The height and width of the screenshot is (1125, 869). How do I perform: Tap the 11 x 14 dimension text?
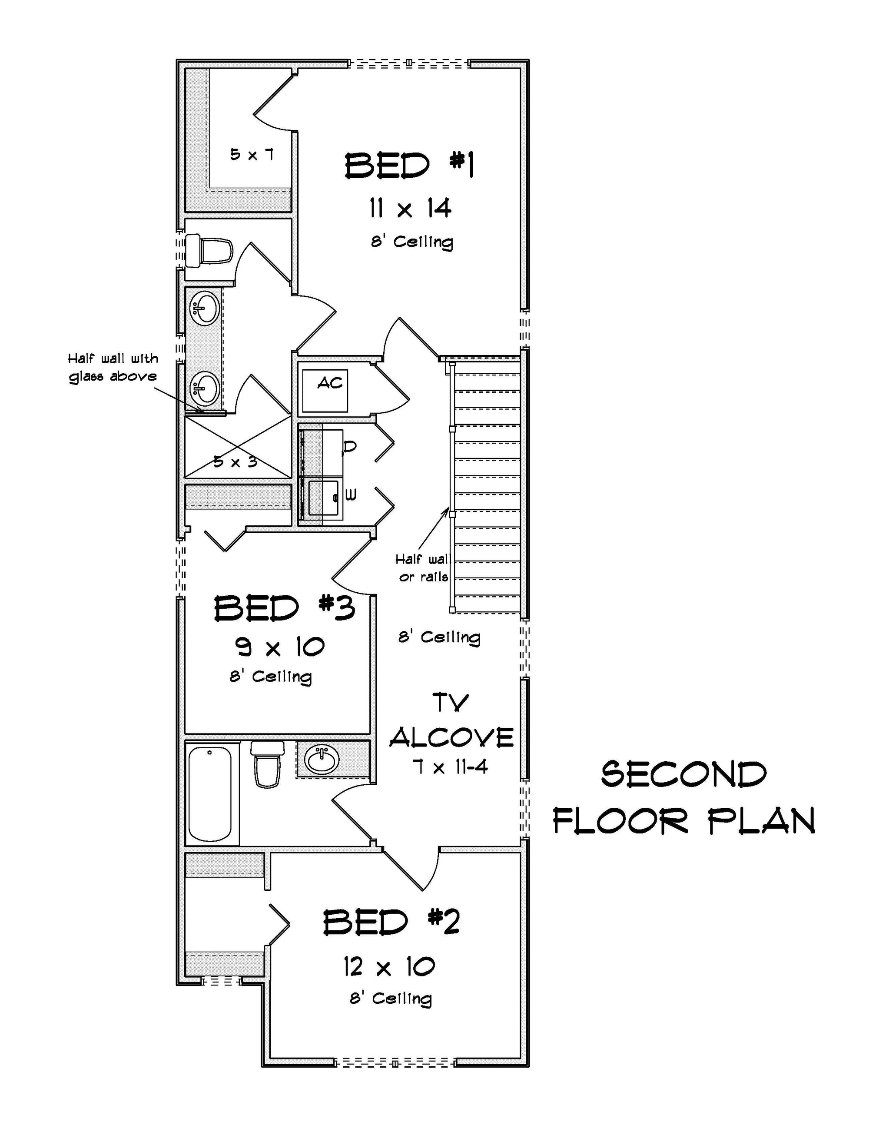pos(410,209)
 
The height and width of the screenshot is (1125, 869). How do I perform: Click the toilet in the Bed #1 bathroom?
pos(209,251)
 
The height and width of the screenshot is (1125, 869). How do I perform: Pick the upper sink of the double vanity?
pos(205,309)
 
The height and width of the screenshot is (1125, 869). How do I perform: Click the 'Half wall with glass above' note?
pos(113,367)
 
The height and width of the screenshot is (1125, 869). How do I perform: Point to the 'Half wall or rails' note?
pos(423,567)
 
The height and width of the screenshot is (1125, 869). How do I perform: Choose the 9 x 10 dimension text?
pos(280,647)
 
